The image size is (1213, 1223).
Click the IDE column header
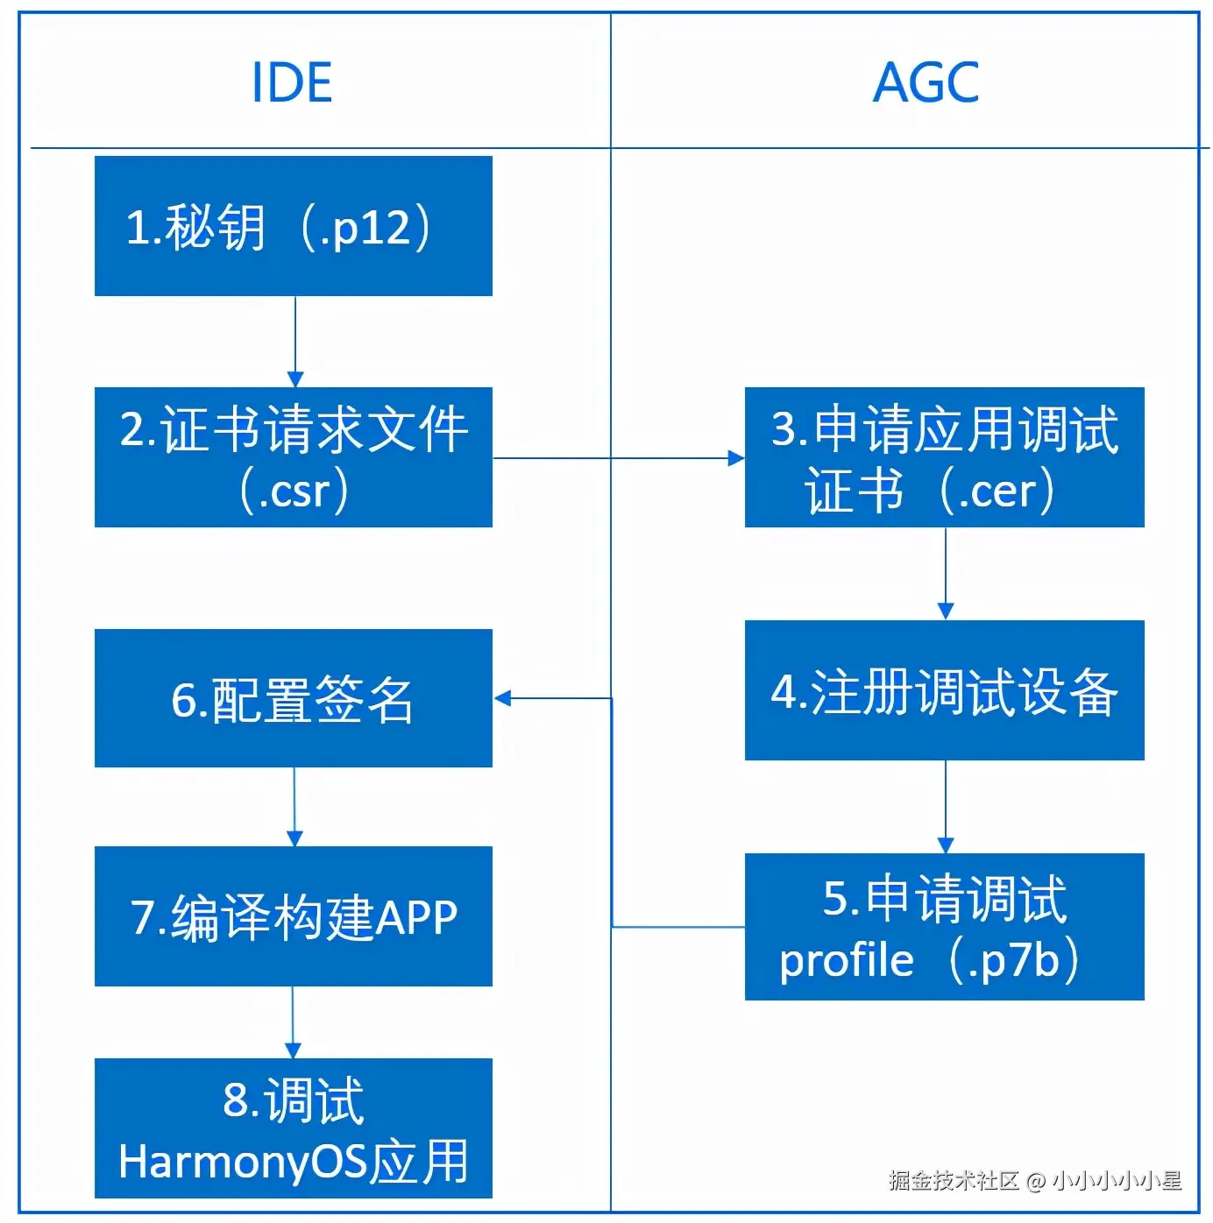point(292,83)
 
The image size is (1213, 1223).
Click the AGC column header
point(926,83)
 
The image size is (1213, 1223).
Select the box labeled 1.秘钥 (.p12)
point(294,226)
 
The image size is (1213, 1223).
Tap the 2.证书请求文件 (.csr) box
point(294,457)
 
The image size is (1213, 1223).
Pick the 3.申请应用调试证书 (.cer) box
point(944,457)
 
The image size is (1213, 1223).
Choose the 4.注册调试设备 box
point(944,690)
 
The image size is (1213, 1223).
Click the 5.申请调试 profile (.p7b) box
point(944,927)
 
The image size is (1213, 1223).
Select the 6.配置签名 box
point(294,698)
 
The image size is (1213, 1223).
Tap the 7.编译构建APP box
point(294,916)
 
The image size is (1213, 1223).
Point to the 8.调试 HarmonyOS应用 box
point(294,1128)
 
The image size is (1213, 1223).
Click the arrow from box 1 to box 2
point(295,342)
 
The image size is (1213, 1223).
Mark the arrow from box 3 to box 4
point(945,574)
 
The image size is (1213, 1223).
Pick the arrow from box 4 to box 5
point(945,807)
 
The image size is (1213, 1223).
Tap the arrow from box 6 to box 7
point(294,807)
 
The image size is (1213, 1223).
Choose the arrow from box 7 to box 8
point(293,1022)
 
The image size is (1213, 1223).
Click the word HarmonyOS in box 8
point(242,1162)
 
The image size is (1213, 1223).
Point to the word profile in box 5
point(846,960)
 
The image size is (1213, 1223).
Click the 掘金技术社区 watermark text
point(953,1181)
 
